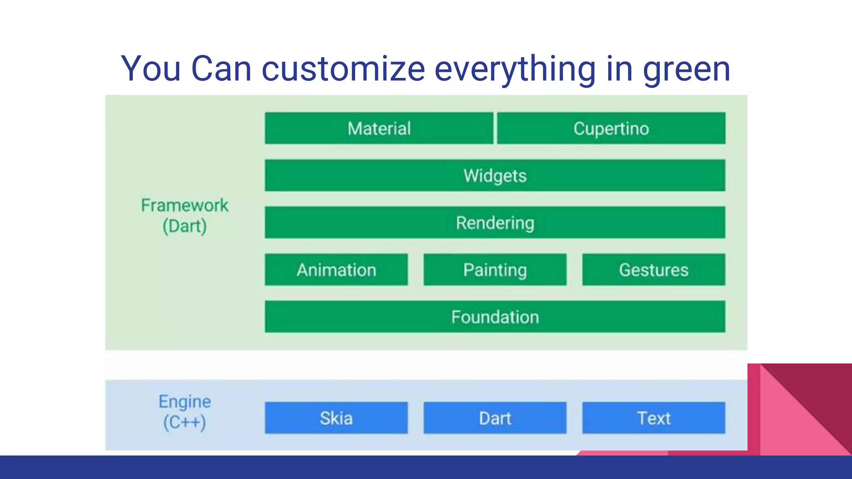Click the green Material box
click(x=379, y=128)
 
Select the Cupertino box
click(x=611, y=128)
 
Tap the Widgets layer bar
click(x=495, y=175)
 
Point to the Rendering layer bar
click(x=495, y=222)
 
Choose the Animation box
click(x=336, y=270)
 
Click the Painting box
click(x=495, y=270)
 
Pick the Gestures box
click(x=654, y=270)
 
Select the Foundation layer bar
click(x=495, y=317)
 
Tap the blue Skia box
click(x=336, y=418)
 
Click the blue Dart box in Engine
click(x=495, y=418)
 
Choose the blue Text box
click(x=654, y=418)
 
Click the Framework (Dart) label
click(x=185, y=215)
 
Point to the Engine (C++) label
click(x=185, y=412)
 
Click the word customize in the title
click(x=343, y=69)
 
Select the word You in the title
click(x=151, y=69)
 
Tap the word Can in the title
click(x=221, y=69)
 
